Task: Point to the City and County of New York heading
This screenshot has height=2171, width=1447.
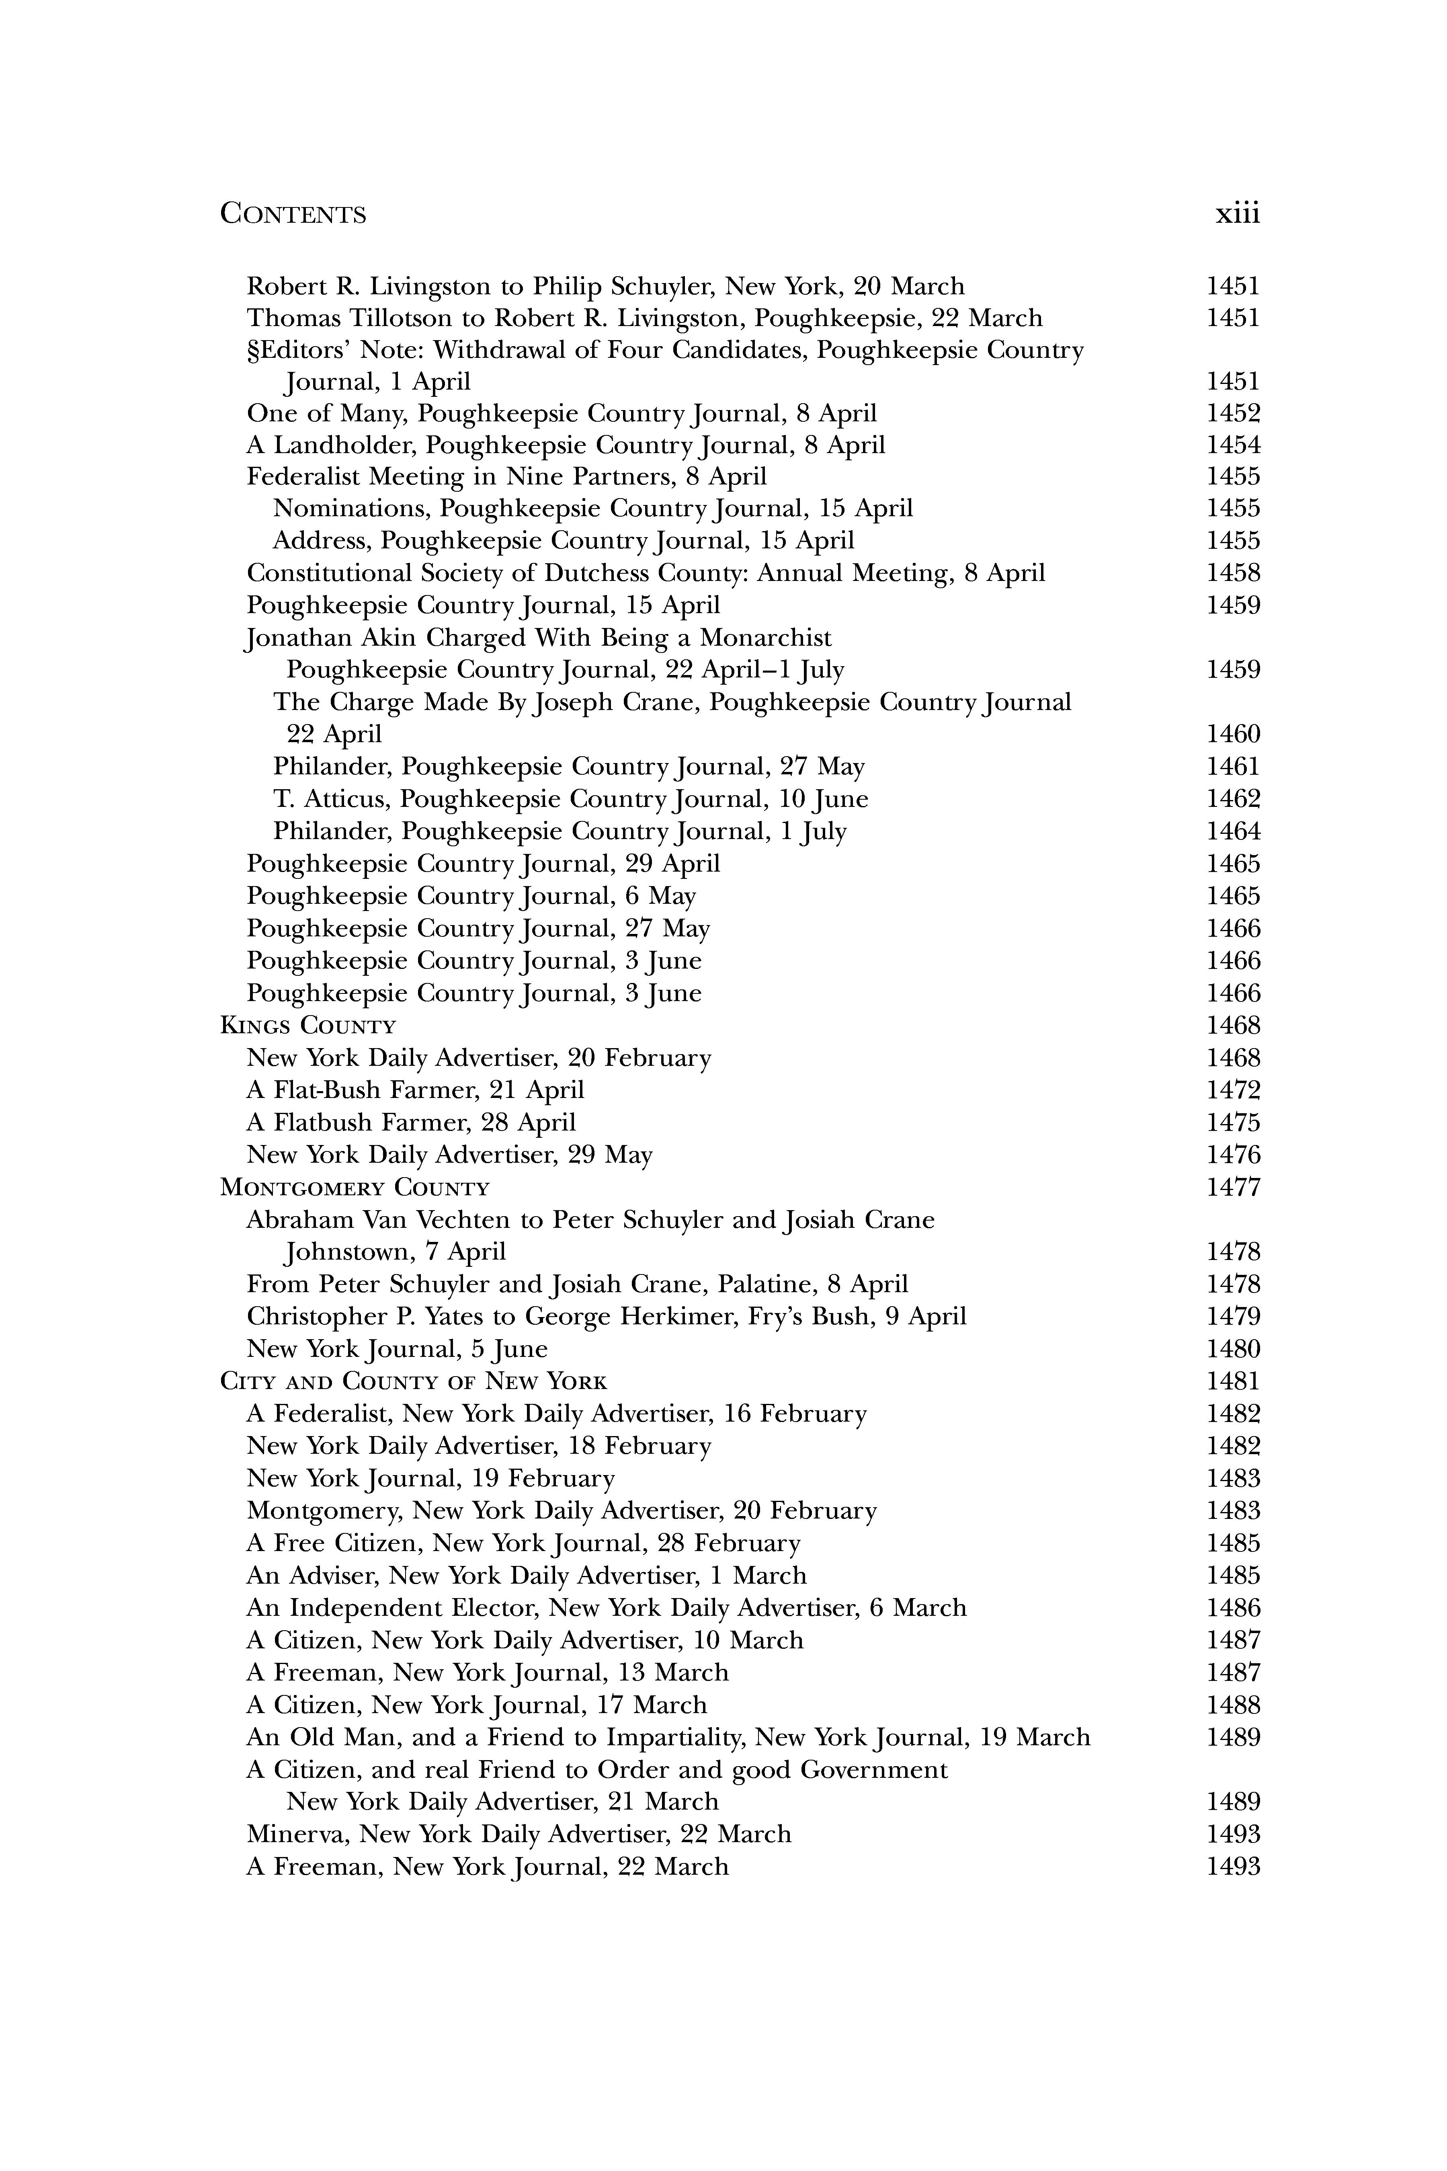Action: tap(414, 1382)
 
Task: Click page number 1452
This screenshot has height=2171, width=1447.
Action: tap(1233, 414)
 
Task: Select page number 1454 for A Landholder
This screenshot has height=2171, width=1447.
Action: tap(1233, 446)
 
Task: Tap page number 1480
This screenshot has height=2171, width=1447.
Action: tap(1233, 1350)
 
